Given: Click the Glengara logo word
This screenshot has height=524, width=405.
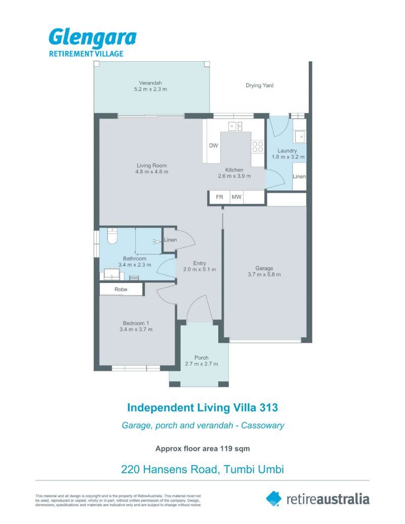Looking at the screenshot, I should point(92,38).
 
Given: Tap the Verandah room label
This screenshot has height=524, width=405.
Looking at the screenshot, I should point(150,83).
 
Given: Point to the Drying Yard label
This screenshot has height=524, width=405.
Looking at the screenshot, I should point(259,86).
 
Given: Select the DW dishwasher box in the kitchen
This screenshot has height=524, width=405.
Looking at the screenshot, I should point(213,146).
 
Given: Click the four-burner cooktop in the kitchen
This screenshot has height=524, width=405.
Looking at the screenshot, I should point(257,146).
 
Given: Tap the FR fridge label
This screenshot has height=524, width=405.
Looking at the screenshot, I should point(219,197).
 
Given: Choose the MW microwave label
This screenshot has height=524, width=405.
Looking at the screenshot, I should point(236,197).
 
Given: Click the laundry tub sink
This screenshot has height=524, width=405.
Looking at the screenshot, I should point(300,136).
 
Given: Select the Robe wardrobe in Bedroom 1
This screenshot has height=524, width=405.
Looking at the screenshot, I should point(121,290).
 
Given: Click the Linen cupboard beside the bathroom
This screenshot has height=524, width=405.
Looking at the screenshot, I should point(170,239).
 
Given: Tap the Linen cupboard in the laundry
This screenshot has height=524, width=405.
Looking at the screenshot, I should point(299,177).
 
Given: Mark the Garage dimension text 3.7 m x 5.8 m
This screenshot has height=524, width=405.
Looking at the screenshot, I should point(264,274).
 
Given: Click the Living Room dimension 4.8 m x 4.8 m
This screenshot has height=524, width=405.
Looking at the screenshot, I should point(151,172).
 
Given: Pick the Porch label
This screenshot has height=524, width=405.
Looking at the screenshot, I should point(201,357).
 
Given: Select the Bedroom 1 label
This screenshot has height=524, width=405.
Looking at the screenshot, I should point(136,323).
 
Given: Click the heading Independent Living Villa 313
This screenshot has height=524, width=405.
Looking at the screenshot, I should point(202,407).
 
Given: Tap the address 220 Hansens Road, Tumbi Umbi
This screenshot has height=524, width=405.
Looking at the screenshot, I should point(202,469).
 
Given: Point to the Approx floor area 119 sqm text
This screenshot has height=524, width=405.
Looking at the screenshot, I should point(202,448).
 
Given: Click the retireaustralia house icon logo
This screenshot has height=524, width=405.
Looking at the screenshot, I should point(273,498).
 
